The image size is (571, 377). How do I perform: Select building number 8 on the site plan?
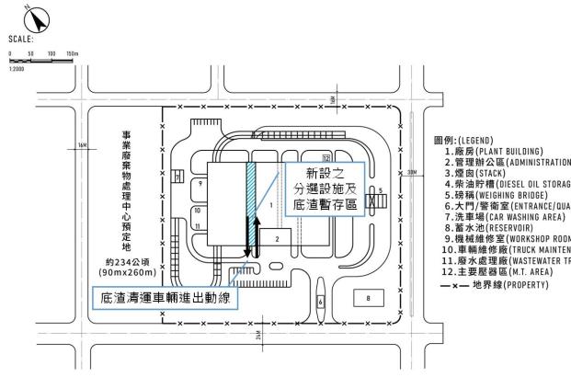[367, 299]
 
